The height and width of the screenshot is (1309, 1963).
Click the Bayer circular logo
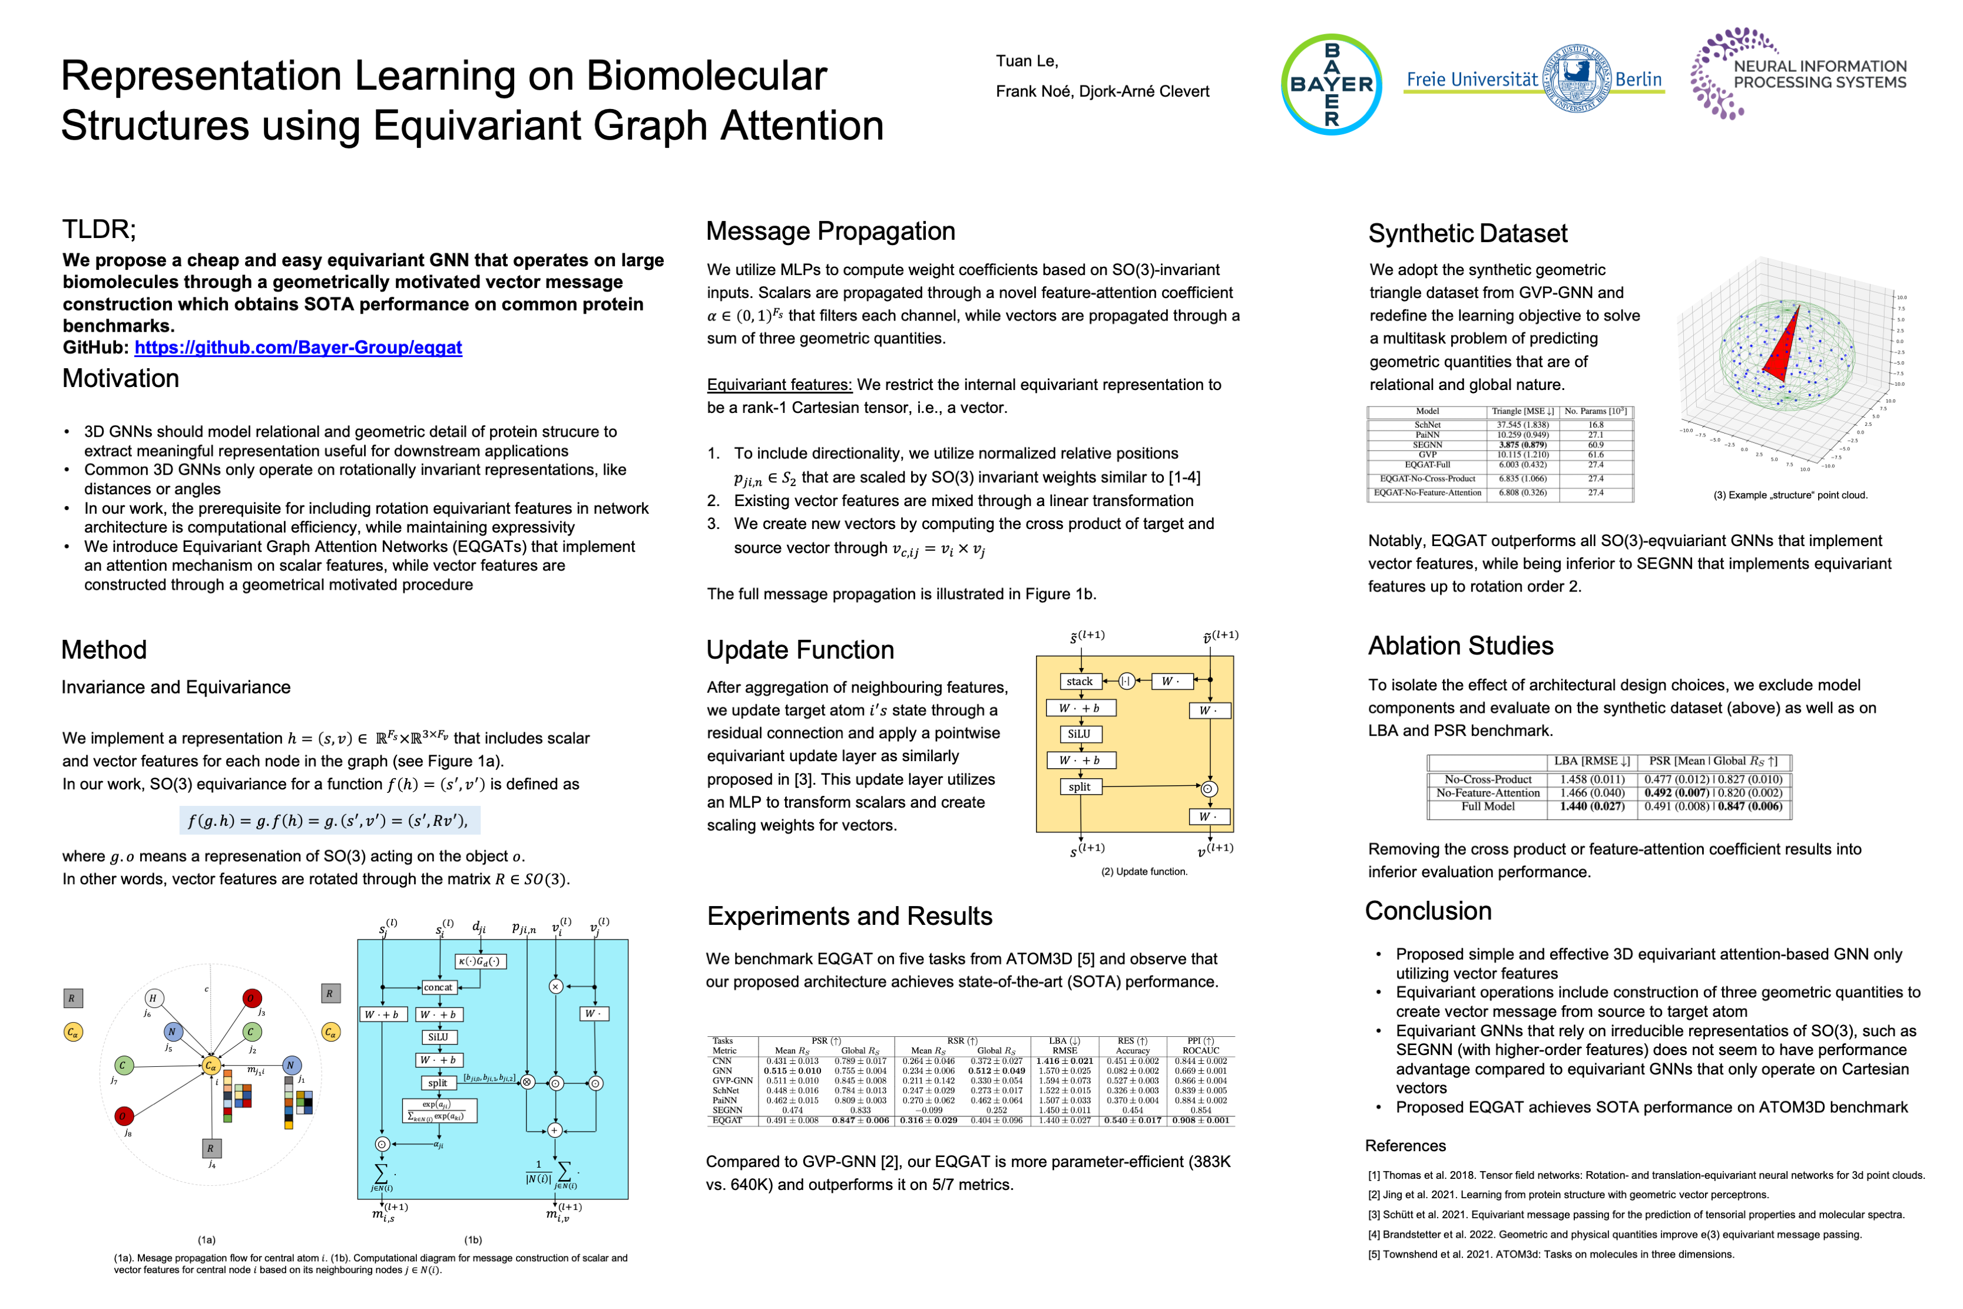pos(1330,84)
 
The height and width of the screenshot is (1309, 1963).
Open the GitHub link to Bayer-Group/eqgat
pos(298,348)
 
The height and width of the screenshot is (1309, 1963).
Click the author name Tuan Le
pos(1027,61)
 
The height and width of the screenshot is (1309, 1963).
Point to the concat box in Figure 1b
pos(438,987)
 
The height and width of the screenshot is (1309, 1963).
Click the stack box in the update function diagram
pos(1079,681)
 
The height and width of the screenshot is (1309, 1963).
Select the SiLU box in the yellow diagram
pos(1078,734)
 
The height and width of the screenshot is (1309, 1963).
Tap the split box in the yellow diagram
pos(1079,786)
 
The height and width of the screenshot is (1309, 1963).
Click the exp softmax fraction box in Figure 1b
pos(439,1110)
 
